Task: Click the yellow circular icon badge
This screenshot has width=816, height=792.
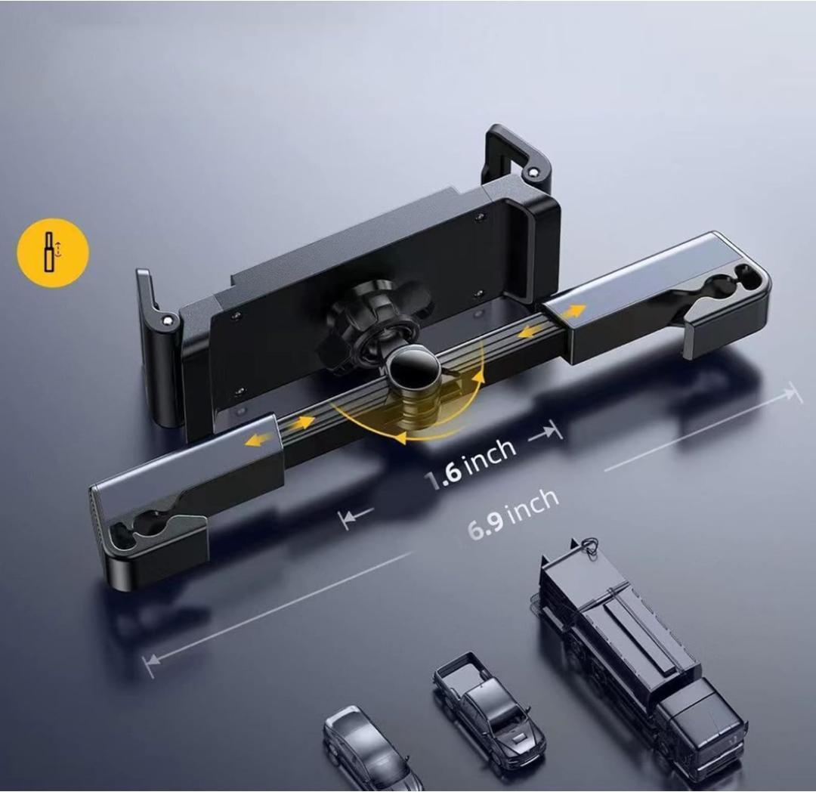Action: click(x=53, y=253)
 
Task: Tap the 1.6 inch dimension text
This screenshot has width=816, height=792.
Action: click(x=471, y=464)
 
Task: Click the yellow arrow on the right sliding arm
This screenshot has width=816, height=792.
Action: click(x=573, y=311)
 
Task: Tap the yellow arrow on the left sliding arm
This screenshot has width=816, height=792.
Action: click(x=260, y=439)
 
